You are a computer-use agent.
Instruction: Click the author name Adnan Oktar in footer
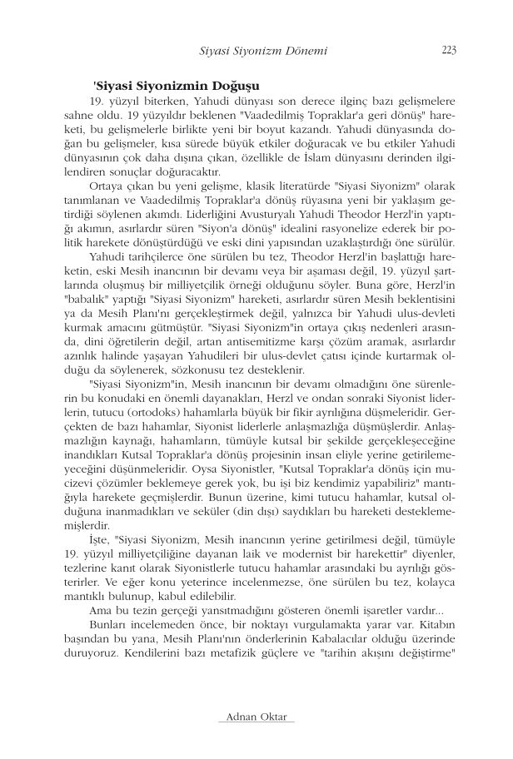256,717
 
